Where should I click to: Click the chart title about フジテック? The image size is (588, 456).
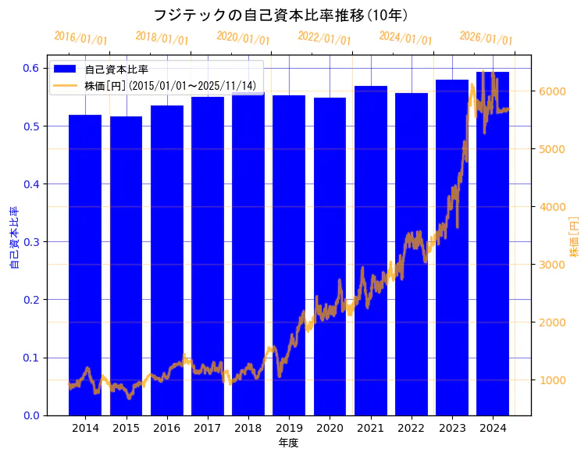[280, 15]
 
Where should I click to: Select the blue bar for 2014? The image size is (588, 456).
[85, 265]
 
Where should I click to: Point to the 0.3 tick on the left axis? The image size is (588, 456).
[32, 242]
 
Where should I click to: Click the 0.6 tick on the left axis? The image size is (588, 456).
[32, 68]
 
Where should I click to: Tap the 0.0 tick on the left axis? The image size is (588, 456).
[32, 415]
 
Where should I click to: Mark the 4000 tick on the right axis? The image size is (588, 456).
[554, 207]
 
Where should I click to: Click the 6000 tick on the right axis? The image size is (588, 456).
[554, 91]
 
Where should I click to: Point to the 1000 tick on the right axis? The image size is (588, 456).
[554, 380]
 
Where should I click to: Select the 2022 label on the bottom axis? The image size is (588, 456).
[411, 428]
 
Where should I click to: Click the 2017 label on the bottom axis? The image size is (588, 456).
[207, 428]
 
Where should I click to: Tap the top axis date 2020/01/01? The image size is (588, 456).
[243, 38]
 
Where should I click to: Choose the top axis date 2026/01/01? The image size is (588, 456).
[486, 38]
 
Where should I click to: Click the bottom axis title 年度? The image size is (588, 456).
[288, 443]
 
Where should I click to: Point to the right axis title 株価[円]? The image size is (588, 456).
[574, 238]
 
